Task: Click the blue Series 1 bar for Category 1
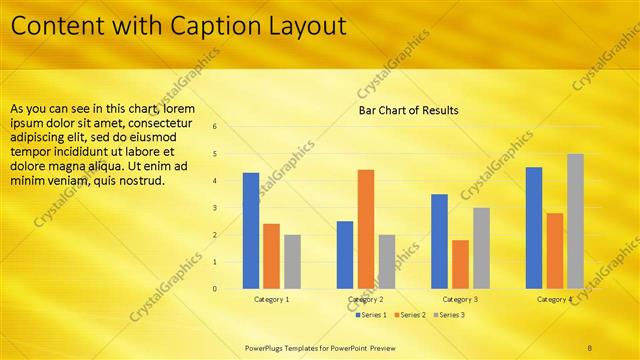click(x=251, y=231)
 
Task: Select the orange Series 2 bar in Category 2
click(x=365, y=229)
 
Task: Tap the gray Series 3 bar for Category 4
click(x=575, y=221)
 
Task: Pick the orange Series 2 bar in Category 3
click(x=460, y=264)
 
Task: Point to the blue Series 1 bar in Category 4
click(x=534, y=228)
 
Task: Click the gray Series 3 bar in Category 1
click(x=292, y=262)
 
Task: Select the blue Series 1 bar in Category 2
click(x=345, y=255)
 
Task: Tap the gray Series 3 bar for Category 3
click(x=481, y=248)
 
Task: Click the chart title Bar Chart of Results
click(x=408, y=110)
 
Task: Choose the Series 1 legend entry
click(x=372, y=315)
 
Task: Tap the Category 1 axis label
click(x=272, y=299)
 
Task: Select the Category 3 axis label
click(x=460, y=299)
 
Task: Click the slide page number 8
click(x=590, y=347)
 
